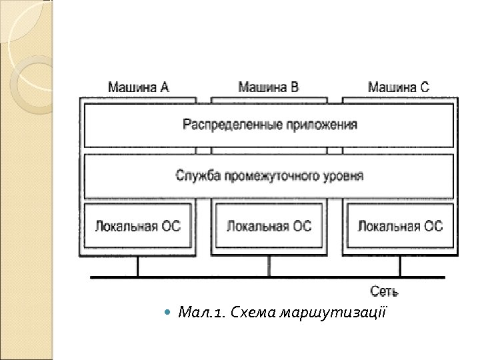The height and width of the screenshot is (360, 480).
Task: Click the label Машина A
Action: coord(138,87)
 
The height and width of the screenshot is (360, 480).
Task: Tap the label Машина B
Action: coord(269,87)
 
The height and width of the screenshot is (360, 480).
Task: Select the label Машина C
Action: coord(399,87)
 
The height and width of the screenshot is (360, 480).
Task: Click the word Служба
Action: coord(197,176)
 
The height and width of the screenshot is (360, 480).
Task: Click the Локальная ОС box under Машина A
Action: coord(138,227)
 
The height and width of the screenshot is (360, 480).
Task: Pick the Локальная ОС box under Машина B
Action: coord(269,227)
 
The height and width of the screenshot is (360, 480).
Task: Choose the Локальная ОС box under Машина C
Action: coord(400,227)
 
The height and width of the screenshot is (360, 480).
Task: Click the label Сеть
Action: coord(385,291)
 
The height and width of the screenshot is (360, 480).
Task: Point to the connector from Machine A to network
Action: coord(138,267)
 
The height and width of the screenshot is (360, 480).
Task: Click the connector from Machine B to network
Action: coord(269,267)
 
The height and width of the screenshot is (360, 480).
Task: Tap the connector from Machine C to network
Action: coord(400,267)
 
